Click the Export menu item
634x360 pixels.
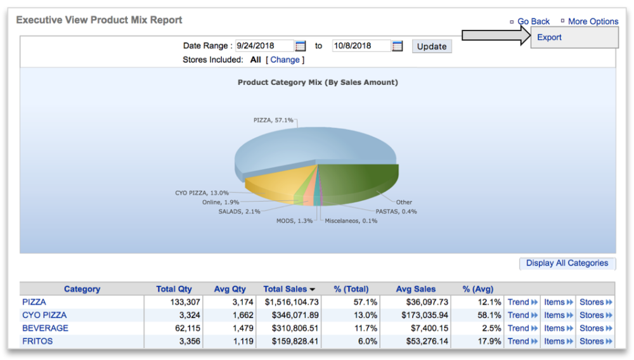[549, 37]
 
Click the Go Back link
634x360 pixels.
[533, 22]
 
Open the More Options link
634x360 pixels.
[593, 22]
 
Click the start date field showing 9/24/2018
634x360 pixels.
[264, 46]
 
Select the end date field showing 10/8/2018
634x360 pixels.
[361, 46]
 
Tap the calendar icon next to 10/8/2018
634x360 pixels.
[398, 46]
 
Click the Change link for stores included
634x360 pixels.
[285, 60]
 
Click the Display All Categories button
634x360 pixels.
[567, 264]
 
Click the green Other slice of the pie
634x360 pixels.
[361, 177]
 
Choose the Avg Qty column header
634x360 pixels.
[230, 289]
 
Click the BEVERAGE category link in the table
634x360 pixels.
[45, 328]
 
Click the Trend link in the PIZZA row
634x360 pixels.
[522, 302]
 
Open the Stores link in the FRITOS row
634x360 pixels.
[595, 342]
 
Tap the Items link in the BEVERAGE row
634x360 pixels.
[558, 328]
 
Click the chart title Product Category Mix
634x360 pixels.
[318, 82]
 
